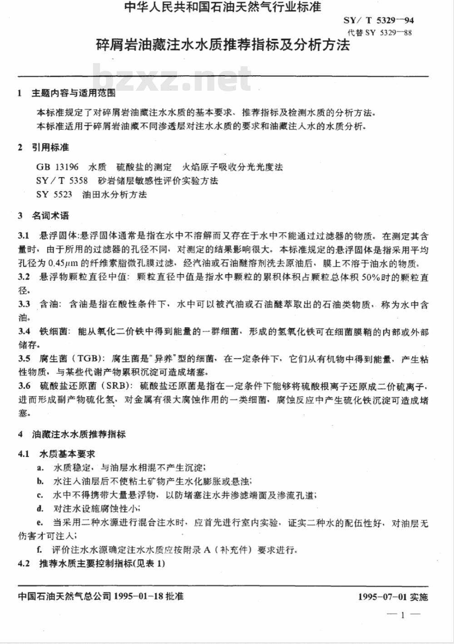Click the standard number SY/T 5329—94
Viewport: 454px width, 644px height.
point(380,20)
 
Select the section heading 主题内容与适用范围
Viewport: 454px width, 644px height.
point(73,93)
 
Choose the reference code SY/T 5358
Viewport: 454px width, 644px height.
point(62,181)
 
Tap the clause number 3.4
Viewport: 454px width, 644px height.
point(24,332)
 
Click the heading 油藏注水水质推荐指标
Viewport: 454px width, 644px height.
point(79,434)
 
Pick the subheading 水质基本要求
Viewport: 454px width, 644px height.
point(67,453)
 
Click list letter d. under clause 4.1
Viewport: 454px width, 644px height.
point(40,508)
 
